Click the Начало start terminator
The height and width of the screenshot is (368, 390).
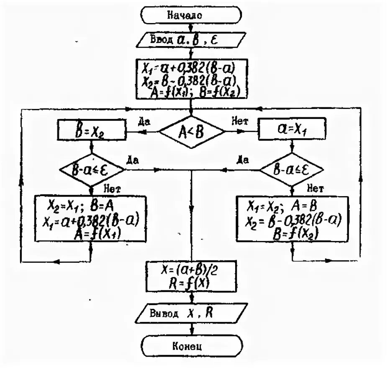pyautogui.click(x=192, y=16)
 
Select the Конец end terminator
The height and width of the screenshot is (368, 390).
pyautogui.click(x=192, y=347)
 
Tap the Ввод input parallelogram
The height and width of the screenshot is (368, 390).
pyautogui.click(x=192, y=41)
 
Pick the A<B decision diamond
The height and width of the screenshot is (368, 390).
pyautogui.click(x=191, y=132)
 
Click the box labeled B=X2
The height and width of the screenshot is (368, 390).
pyautogui.click(x=92, y=131)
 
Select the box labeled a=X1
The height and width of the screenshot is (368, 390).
pyautogui.click(x=292, y=131)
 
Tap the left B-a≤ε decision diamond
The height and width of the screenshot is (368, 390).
pyautogui.click(x=92, y=170)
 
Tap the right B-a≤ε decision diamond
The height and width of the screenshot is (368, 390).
pyautogui.click(x=292, y=170)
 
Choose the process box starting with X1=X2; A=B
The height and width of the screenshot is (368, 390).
pyautogui.click(x=292, y=218)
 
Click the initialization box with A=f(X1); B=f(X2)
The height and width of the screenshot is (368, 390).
pyautogui.click(x=192, y=78)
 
